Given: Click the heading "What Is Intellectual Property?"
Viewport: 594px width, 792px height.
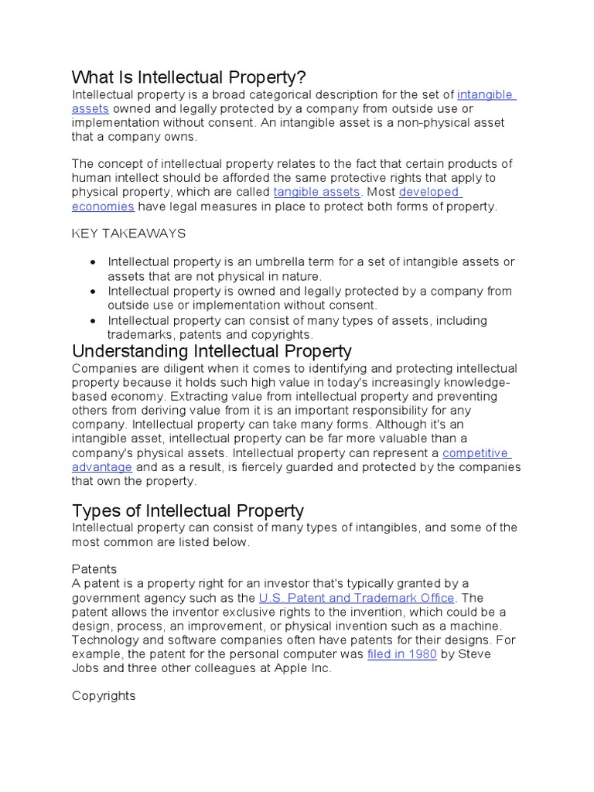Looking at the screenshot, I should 189,77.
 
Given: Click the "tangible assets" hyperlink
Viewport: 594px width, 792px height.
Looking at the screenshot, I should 317,192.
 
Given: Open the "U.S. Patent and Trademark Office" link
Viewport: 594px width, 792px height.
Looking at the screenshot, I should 357,598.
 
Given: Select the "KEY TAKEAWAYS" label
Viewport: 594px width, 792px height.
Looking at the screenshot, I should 128,233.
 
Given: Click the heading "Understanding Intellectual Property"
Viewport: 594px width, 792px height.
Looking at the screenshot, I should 211,351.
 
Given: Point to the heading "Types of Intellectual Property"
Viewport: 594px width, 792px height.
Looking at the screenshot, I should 187,510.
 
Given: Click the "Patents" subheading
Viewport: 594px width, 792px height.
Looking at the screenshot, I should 94,568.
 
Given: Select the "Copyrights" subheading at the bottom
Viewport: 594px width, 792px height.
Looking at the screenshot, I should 104,695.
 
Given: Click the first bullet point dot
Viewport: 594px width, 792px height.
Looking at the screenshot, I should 93,262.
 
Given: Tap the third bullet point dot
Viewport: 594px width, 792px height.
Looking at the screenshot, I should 93,320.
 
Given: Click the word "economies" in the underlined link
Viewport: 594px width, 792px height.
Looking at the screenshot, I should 103,207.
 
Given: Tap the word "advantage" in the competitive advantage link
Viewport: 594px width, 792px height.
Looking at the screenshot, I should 102,467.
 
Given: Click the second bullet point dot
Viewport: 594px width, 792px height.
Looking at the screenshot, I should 93,292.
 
